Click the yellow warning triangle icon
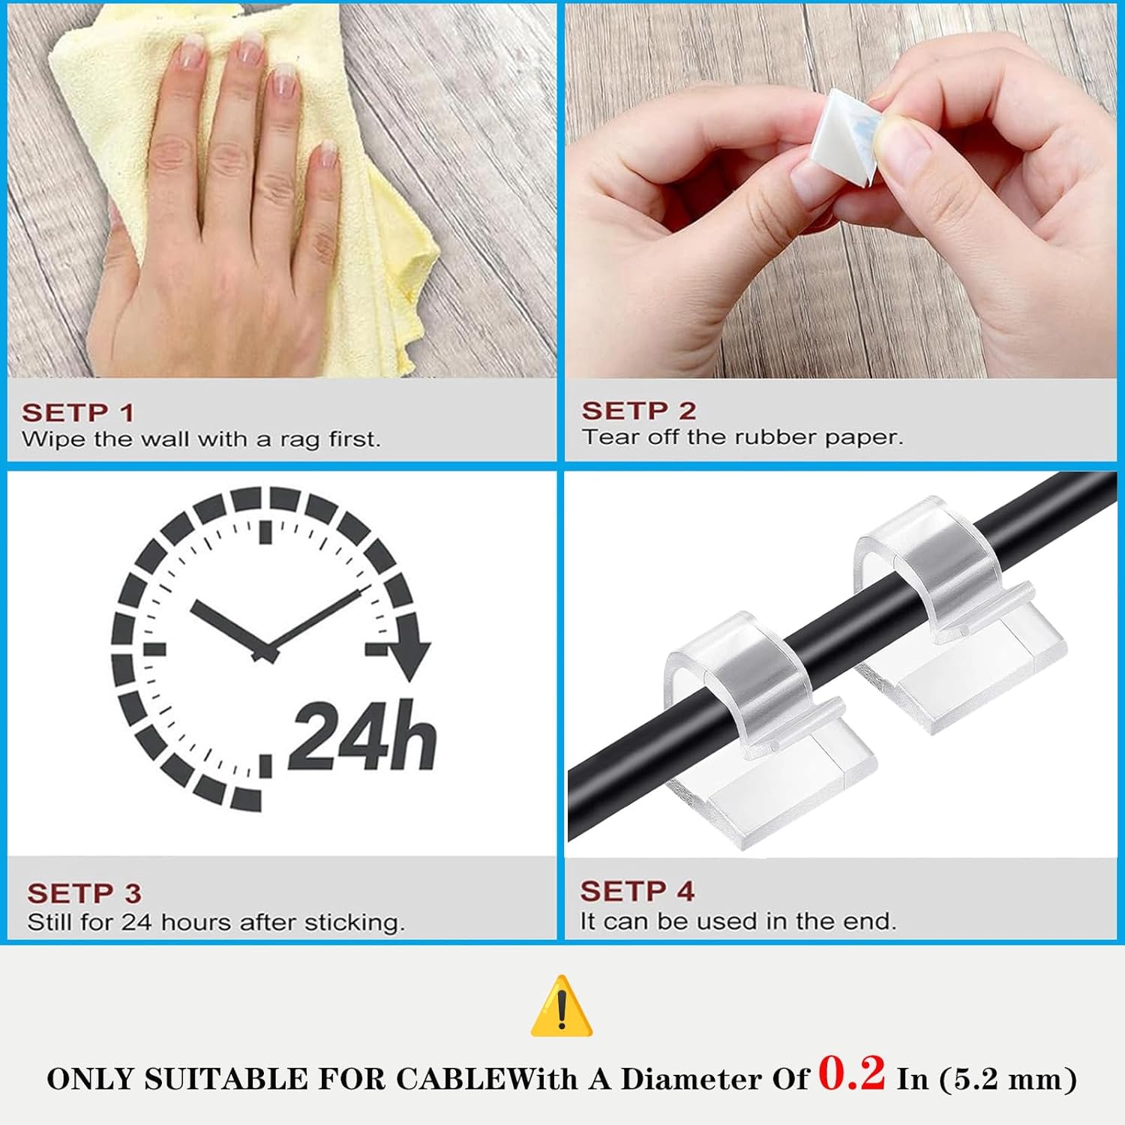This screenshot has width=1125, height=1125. click(x=562, y=1007)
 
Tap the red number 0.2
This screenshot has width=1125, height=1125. click(x=851, y=1073)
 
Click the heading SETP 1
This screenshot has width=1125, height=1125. click(x=78, y=412)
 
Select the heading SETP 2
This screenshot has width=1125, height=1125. click(x=639, y=411)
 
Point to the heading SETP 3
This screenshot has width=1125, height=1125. click(x=84, y=893)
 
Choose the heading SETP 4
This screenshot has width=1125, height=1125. click(x=637, y=891)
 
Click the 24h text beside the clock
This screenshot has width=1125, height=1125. click(x=362, y=736)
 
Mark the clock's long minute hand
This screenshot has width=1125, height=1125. click(x=315, y=619)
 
